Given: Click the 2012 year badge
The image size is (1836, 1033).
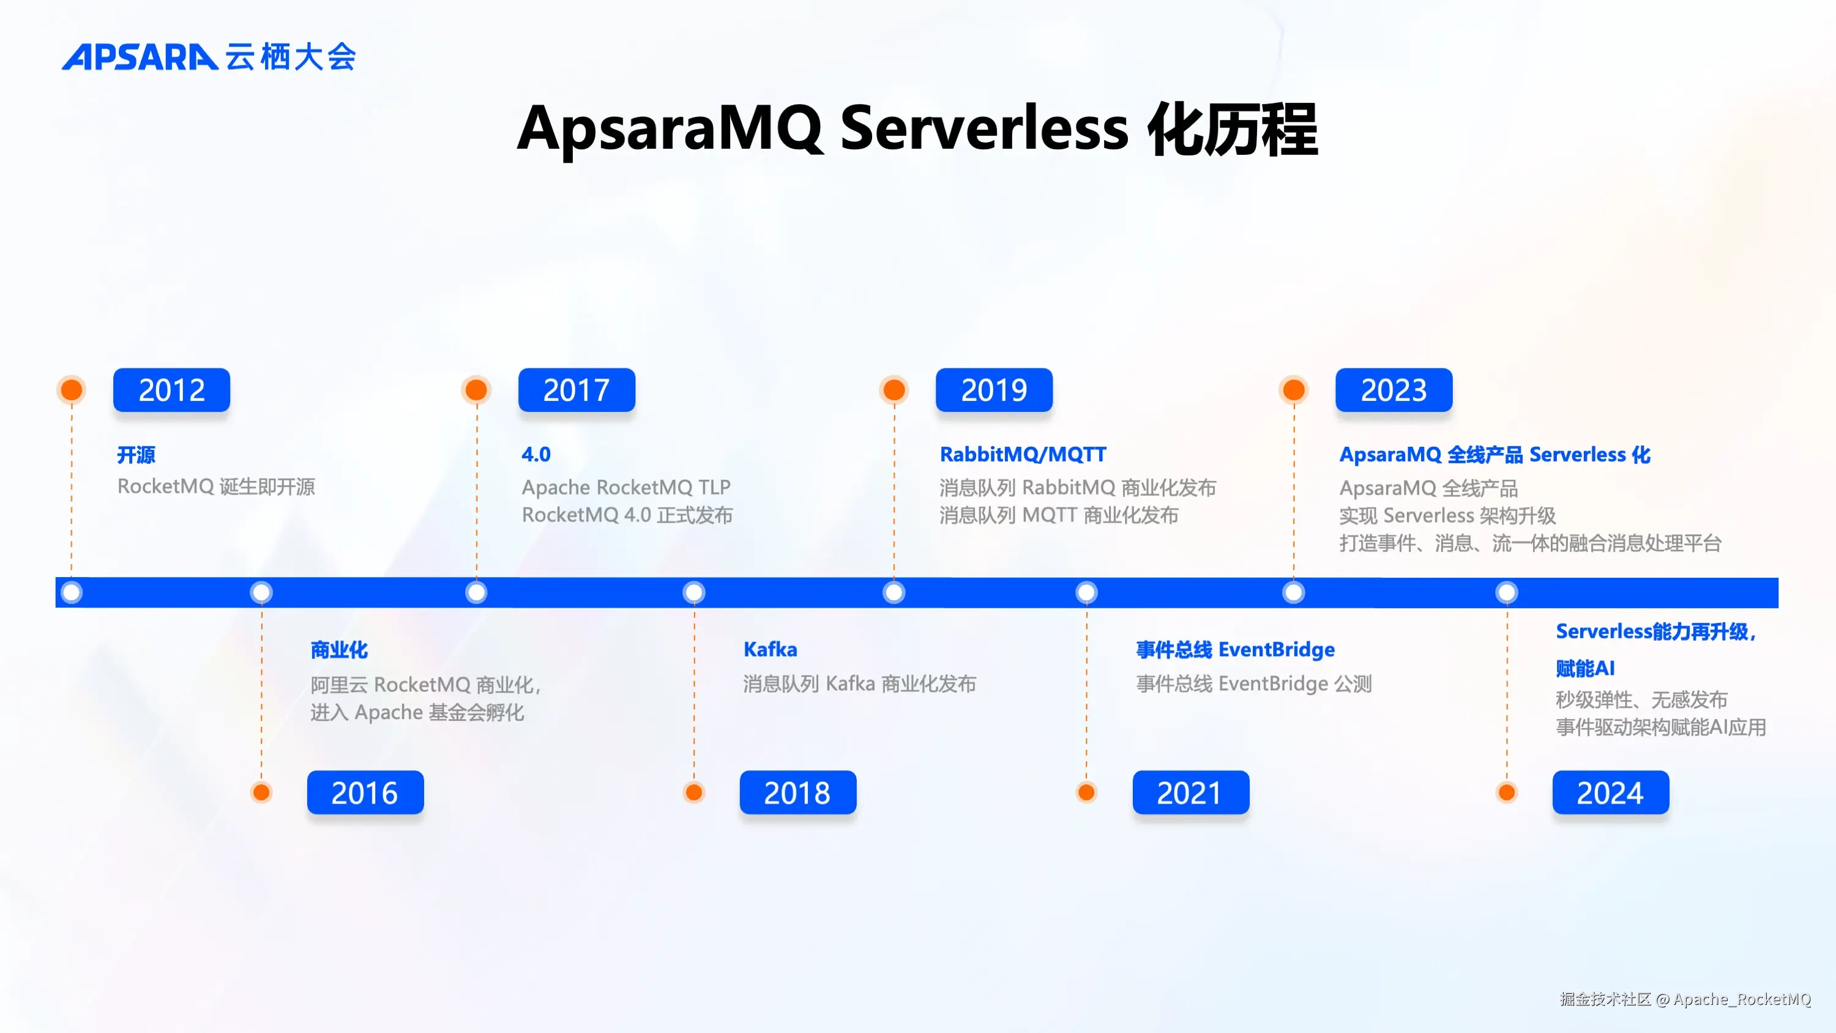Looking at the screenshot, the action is (171, 390).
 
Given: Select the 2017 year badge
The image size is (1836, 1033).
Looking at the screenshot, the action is (576, 390).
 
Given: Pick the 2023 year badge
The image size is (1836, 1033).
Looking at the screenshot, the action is (1394, 390).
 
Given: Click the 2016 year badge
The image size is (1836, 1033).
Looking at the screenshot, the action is (365, 792).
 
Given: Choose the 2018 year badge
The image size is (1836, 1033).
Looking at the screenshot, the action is (797, 792).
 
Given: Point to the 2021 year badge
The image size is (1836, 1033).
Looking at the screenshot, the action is (1190, 792).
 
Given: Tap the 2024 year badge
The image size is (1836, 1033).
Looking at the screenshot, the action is (1610, 792).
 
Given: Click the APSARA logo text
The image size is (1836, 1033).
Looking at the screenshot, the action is (140, 57).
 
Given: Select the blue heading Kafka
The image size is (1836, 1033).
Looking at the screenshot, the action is (770, 649).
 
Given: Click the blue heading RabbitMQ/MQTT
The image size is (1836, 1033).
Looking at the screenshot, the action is (1023, 454).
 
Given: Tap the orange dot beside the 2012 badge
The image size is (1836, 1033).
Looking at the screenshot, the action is (71, 390).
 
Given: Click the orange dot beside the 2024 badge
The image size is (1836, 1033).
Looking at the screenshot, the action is (1507, 792).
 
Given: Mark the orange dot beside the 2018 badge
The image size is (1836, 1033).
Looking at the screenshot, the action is (693, 792).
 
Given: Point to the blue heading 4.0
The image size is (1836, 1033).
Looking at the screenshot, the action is (536, 454).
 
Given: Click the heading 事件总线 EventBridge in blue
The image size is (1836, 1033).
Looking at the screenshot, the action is (1234, 649).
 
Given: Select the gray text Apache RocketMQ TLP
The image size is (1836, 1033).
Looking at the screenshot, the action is (626, 487).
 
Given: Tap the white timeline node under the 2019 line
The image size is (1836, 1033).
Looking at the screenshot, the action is (894, 592).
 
